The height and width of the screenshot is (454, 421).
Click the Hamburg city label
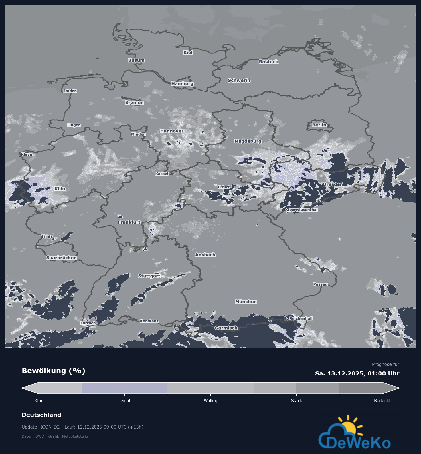[182, 83]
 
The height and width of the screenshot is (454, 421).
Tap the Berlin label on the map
[319, 125]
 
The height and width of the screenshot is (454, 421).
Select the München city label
[246, 302]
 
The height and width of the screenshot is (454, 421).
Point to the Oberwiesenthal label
[302, 210]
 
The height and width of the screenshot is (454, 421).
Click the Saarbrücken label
[61, 258]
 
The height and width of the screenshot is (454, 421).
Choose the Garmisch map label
[226, 328]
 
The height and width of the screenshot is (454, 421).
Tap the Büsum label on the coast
[136, 60]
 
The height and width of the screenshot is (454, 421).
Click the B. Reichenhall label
[298, 318]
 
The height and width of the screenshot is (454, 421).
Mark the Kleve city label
[27, 154]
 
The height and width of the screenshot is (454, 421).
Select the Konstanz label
[149, 321]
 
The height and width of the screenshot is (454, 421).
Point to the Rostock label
[268, 62]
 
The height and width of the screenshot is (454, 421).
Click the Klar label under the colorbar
[39, 401]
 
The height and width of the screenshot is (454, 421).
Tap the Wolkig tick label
[211, 401]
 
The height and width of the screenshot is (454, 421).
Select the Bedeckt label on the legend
[382, 401]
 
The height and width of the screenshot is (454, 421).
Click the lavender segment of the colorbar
[124, 388]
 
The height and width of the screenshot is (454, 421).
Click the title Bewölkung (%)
[54, 371]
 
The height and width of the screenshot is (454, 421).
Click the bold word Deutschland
[41, 415]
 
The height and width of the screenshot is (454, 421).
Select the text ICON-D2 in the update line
[50, 427]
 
